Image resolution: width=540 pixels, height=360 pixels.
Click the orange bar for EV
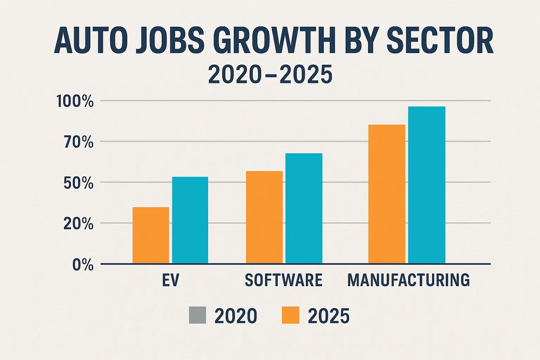pyautogui.click(x=151, y=235)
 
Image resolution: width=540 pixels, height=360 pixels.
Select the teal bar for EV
pyautogui.click(x=190, y=220)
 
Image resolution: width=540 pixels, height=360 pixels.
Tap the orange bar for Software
pyautogui.click(x=264, y=217)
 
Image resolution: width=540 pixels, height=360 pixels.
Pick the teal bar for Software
pyautogui.click(x=304, y=208)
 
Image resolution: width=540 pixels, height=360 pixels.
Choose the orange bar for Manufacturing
pyautogui.click(x=387, y=194)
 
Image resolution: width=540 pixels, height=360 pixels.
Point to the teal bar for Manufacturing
pyautogui.click(x=426, y=185)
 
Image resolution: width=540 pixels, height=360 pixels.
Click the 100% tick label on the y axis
pyautogui.click(x=75, y=102)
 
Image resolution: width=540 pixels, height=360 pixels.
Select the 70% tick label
pyautogui.click(x=79, y=142)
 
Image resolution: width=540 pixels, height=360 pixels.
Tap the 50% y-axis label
pyautogui.click(x=79, y=183)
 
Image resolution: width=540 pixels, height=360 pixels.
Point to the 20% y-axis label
pyautogui.click(x=79, y=224)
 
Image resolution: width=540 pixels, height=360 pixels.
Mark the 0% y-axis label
pyautogui.click(x=83, y=265)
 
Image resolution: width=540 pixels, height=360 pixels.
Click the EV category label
pyautogui.click(x=171, y=280)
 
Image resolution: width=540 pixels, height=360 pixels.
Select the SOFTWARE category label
pyautogui.click(x=283, y=280)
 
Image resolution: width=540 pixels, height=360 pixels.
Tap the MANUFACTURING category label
pyautogui.click(x=409, y=280)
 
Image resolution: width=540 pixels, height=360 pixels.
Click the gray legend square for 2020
pyautogui.click(x=197, y=315)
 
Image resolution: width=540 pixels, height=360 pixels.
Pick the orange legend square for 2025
pyautogui.click(x=290, y=315)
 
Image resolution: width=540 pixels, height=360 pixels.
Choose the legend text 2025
pyautogui.click(x=328, y=316)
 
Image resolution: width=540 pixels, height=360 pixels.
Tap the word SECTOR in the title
pyautogui.click(x=440, y=41)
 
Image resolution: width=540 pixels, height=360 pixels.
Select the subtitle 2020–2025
pyautogui.click(x=270, y=75)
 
